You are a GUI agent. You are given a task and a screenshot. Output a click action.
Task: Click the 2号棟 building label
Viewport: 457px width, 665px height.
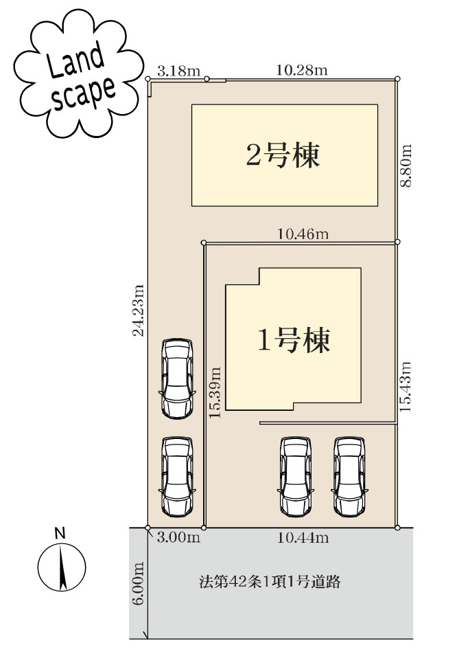click(283, 156)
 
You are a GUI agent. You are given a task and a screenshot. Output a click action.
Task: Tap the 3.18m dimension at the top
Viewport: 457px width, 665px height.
click(178, 70)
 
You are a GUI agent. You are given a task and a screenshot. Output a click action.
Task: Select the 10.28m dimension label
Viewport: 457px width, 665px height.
click(301, 70)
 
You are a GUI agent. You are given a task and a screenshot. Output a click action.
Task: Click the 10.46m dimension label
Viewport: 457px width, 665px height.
click(303, 234)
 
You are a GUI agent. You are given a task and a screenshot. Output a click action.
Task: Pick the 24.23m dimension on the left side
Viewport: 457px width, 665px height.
click(139, 311)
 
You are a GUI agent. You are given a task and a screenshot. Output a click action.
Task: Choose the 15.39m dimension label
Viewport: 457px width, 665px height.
click(216, 392)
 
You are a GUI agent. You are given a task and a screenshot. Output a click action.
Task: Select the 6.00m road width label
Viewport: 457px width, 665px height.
click(139, 583)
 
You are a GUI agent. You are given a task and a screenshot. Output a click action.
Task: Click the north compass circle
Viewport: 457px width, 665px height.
click(61, 568)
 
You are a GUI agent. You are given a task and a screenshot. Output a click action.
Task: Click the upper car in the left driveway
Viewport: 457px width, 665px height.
click(176, 379)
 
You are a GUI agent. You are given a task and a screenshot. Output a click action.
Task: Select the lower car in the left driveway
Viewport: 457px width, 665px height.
click(176, 477)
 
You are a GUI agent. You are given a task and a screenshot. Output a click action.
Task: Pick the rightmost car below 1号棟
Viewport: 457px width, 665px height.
click(349, 476)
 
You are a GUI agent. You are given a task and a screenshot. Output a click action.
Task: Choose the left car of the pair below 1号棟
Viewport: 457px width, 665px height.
click(295, 476)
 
